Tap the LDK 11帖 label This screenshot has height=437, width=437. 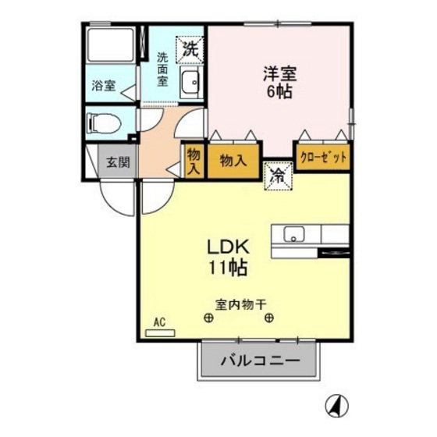pos(227,257)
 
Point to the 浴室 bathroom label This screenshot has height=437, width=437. pos(102,87)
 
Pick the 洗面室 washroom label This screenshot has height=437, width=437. pos(162,68)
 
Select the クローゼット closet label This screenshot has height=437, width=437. pos(322,157)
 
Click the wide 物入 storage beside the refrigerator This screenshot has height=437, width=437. pos(233,161)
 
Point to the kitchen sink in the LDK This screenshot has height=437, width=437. pos(294,233)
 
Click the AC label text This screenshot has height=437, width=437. pos(159,322)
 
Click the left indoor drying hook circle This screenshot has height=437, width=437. pos(208,318)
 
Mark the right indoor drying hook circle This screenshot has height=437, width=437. pos(269,318)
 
